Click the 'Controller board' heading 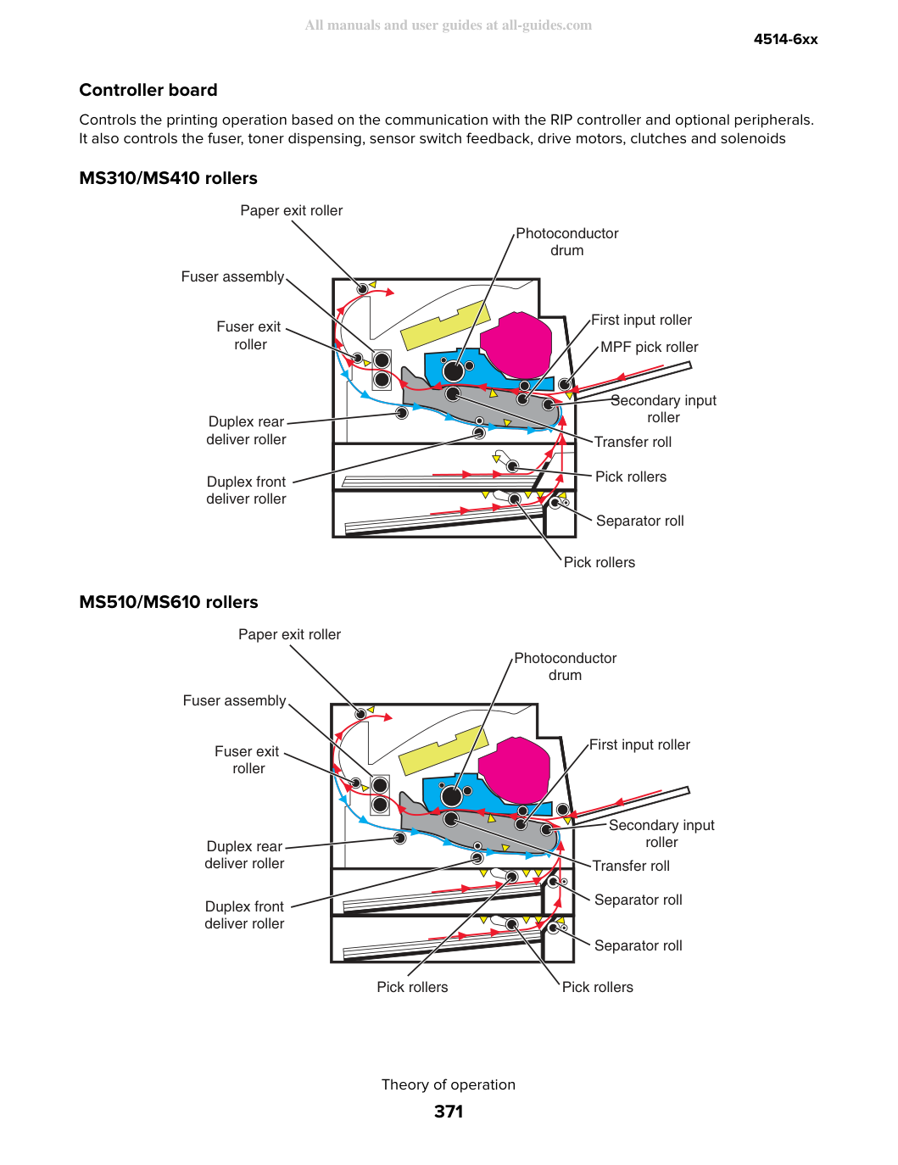pos(148,90)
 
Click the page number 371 pos(449,1112)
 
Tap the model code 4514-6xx pos(785,39)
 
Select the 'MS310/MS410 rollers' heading pos(169,178)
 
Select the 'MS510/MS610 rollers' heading pos(169,602)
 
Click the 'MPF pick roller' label pos(649,347)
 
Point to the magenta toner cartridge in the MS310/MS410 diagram pos(516,345)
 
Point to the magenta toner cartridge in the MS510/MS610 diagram pos(514,770)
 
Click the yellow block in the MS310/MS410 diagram pos(445,326)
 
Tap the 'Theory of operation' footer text pos(449,1084)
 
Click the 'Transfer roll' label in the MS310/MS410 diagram pos(633,442)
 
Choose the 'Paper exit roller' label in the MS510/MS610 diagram pos(289,634)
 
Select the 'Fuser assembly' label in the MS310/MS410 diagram pos(232,276)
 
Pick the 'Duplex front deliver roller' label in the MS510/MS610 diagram pos(244,915)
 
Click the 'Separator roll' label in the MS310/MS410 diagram pos(639,521)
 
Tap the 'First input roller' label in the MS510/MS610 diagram pos(639,744)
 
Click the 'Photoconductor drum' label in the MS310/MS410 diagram pos(566,242)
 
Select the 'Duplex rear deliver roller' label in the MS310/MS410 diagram pos(246,431)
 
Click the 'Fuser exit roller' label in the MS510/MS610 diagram pos(247,760)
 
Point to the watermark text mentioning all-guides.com pos(449,25)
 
